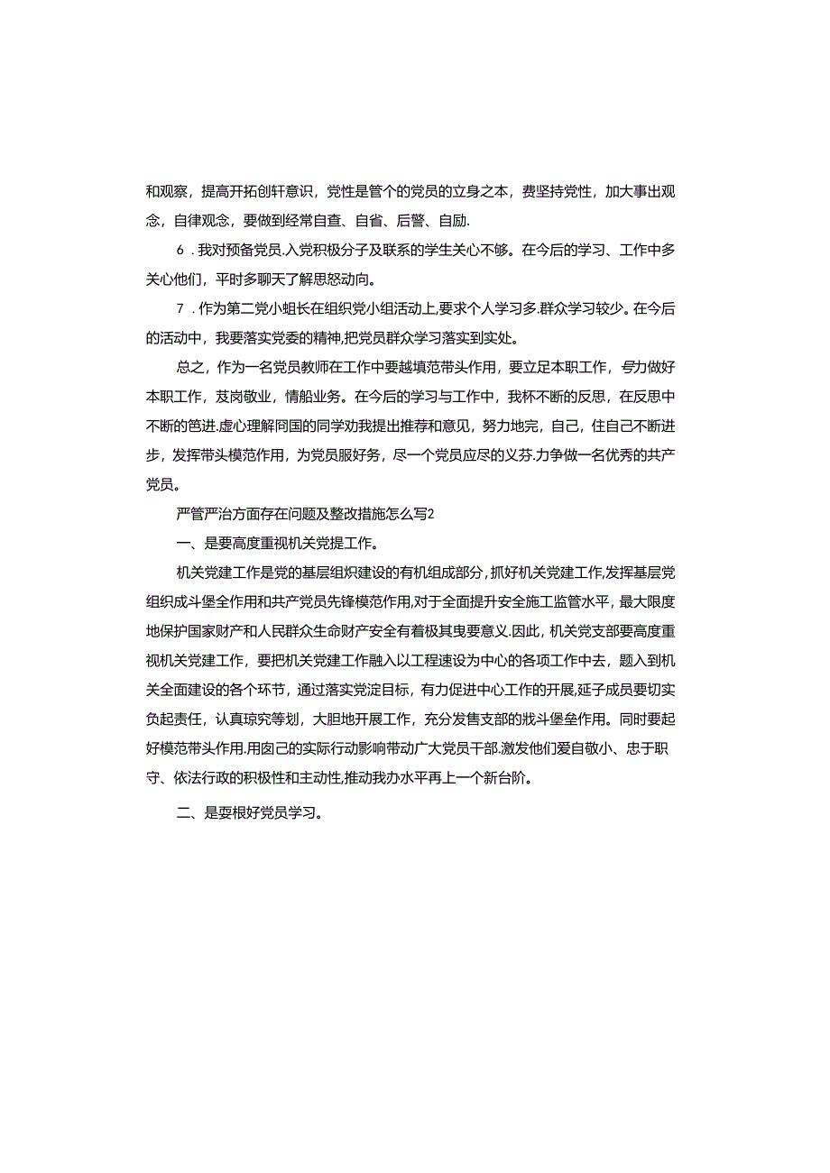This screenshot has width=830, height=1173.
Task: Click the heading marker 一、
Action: tap(189, 544)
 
